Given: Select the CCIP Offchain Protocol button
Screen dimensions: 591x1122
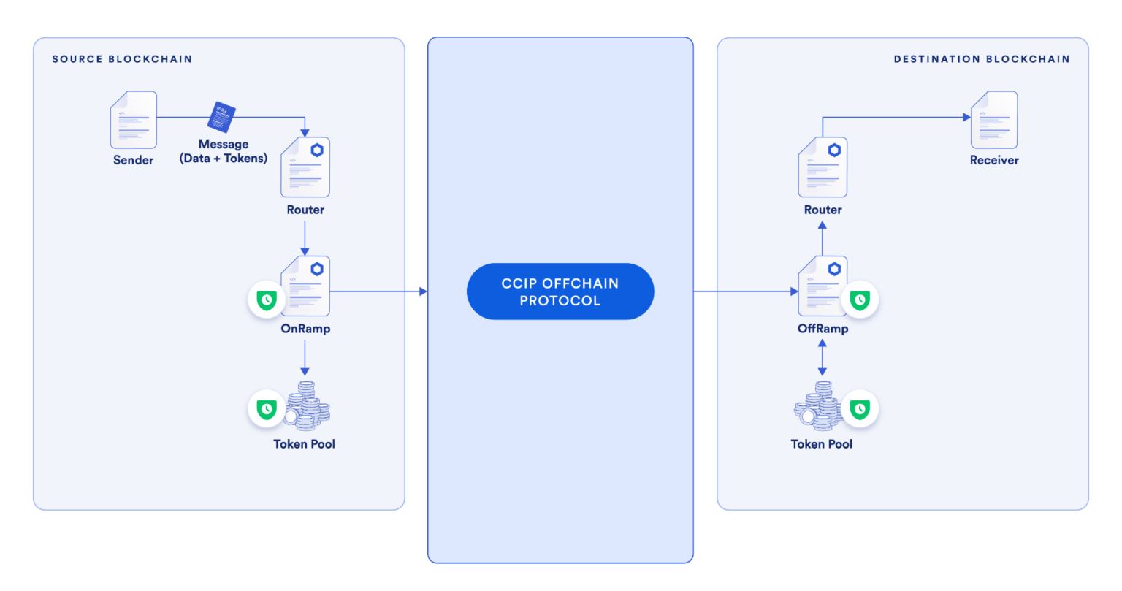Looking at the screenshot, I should [x=560, y=291].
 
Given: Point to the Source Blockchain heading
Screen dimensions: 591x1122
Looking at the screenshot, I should [x=122, y=58].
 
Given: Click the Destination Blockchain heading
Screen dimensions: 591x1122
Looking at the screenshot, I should [x=982, y=58].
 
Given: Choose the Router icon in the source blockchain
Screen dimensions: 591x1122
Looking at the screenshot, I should [x=305, y=167].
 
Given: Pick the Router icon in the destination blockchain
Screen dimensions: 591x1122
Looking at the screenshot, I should [x=823, y=167].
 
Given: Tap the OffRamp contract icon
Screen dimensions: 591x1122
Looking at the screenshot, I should [x=823, y=286].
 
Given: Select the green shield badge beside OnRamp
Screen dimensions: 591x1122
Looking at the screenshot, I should [x=267, y=300].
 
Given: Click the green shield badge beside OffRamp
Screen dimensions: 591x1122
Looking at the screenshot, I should [x=860, y=300].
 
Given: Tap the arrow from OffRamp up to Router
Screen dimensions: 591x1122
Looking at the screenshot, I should [x=823, y=238].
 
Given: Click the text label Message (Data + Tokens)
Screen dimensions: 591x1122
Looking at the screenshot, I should [x=224, y=151].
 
